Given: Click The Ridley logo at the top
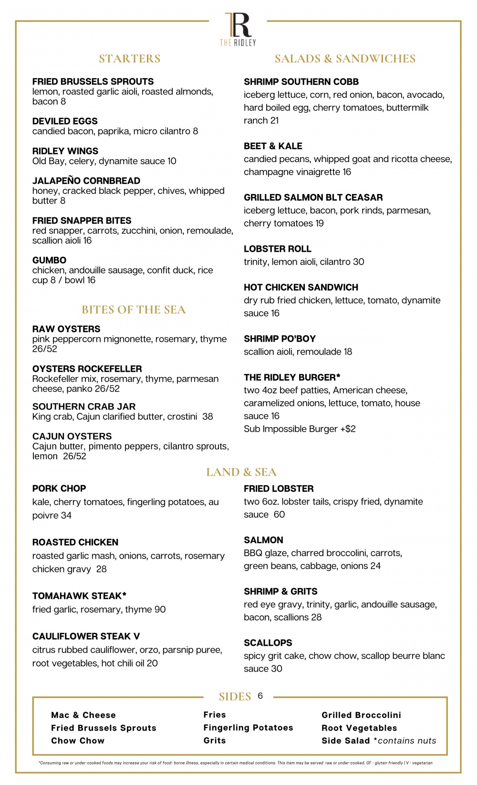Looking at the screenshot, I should coord(238,29).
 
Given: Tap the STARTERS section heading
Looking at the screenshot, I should coord(130,59).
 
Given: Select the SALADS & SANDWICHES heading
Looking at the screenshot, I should coord(345,59).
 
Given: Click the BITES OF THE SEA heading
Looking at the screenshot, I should coord(134,310).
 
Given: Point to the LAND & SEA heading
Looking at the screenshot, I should coord(241,472).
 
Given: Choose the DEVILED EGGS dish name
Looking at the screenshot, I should coord(65,121).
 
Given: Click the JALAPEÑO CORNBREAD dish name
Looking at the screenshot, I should coord(86,181).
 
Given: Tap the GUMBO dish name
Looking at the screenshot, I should coord(49,260).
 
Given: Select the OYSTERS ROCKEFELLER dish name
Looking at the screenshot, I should coord(87,368).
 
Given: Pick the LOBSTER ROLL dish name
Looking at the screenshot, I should coord(278,249).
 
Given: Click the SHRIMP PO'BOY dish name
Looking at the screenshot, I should coord(280,339).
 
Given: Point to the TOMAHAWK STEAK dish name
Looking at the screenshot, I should coord(79,596).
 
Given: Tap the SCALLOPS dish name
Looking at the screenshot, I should coord(268,643).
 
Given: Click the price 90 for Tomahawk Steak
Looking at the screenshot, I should coord(160,610).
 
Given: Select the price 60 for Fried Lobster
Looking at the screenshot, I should coord(279,515).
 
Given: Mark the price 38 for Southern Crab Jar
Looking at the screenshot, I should coord(207,417).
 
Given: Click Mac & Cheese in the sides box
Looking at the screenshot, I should coord(83,715).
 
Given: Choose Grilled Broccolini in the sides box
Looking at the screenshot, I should coord(361,715).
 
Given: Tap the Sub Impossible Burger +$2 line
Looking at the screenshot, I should coord(300,429).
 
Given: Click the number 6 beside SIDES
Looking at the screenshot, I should coord(260,696).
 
